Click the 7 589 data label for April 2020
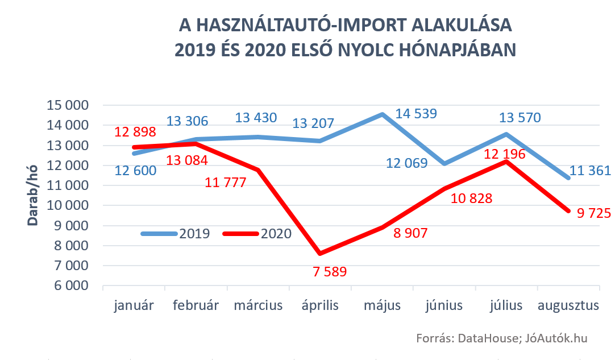coord(330,272)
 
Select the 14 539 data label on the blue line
coord(416,114)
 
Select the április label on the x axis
coord(319,306)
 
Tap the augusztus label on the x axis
coord(568,306)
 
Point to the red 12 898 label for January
coord(135,133)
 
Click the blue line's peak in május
coord(382,114)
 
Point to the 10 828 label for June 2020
coord(471,198)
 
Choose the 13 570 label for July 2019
coord(520,118)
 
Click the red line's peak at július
coord(506,162)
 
